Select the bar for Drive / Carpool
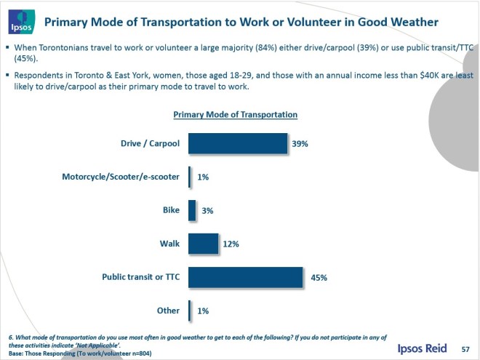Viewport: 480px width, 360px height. [x=237, y=143]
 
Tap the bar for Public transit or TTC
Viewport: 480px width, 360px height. [x=245, y=277]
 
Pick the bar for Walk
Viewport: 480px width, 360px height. [x=204, y=244]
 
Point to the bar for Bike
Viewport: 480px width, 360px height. [x=192, y=210]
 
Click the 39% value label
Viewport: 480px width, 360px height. [x=300, y=144]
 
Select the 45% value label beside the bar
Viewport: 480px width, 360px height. [x=318, y=278]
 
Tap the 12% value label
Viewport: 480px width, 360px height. [x=232, y=244]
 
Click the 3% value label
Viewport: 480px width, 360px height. [x=207, y=211]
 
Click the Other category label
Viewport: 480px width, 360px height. [x=168, y=311]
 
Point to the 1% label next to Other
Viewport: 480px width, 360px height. [x=203, y=311]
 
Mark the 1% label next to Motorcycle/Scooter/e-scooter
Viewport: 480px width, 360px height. [x=203, y=177]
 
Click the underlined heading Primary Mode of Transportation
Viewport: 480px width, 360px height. [x=235, y=115]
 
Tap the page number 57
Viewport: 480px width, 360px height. [x=465, y=350]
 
